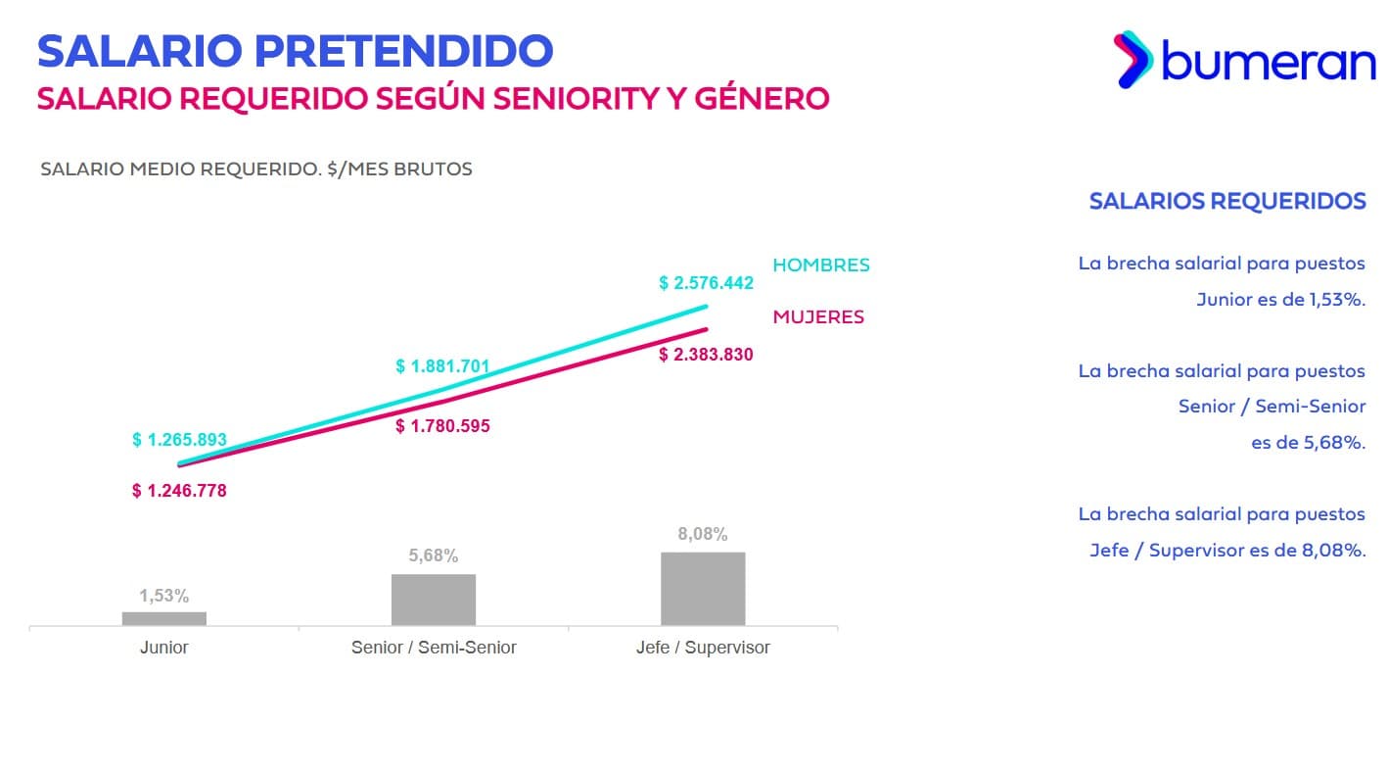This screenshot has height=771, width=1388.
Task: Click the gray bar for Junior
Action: tap(163, 618)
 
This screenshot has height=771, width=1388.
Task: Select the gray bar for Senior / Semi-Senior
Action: tap(433, 600)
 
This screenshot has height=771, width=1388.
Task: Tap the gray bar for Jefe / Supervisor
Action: tap(703, 589)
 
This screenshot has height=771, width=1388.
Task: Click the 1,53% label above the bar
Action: tap(163, 596)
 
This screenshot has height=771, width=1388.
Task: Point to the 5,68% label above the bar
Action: tap(433, 555)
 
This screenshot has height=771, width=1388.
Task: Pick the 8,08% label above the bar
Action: tap(703, 534)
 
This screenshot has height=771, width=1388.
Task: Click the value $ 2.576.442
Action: tap(706, 283)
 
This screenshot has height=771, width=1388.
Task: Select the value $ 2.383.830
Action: tap(706, 355)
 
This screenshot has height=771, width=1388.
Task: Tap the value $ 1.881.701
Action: tap(442, 366)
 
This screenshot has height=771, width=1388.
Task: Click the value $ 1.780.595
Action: tap(442, 426)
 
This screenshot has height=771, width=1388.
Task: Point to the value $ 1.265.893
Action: tap(179, 440)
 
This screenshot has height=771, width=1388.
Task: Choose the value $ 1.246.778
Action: tap(179, 491)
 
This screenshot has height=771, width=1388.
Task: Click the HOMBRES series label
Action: tap(820, 265)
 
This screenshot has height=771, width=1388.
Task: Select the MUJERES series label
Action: tap(818, 317)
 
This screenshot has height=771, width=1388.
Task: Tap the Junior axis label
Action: tap(163, 648)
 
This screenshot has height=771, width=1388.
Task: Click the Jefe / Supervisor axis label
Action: tap(703, 648)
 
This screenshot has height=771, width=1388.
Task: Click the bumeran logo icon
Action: tap(1134, 60)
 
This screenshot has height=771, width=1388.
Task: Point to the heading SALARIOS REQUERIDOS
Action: tap(1226, 202)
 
